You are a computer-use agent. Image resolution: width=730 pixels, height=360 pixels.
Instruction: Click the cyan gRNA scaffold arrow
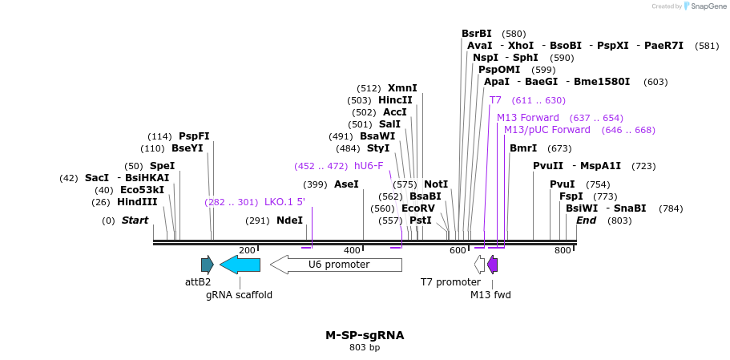click(240, 265)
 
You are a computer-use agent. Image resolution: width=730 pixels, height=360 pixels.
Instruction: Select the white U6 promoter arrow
click(336, 265)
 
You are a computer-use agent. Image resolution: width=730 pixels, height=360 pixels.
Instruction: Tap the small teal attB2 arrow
click(207, 265)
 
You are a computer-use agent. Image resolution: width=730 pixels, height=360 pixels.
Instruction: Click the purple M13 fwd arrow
click(493, 265)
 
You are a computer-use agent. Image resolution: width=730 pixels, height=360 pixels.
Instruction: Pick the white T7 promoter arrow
click(480, 265)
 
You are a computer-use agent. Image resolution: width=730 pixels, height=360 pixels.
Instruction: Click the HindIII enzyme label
click(137, 202)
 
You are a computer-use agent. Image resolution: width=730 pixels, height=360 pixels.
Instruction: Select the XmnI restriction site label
click(402, 88)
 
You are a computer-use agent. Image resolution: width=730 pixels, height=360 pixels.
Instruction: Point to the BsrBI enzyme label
click(477, 34)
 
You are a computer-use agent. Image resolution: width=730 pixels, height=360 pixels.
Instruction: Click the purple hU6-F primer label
click(369, 166)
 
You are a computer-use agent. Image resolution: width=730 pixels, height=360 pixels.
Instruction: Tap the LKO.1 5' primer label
click(284, 202)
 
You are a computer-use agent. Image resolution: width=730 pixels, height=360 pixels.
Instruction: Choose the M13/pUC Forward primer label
click(546, 130)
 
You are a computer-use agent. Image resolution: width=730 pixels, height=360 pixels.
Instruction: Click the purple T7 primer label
click(495, 100)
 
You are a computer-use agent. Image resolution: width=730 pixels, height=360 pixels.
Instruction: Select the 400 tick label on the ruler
click(352, 250)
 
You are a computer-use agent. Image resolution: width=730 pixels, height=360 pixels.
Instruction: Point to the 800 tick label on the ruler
click(563, 250)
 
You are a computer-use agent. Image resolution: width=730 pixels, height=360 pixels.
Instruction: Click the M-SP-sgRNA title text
click(365, 335)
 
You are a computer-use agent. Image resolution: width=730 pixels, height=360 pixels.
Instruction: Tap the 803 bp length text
click(365, 348)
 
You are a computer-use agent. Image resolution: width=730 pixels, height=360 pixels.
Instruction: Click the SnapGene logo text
click(708, 6)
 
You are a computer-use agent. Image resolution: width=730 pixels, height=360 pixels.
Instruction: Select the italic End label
click(586, 220)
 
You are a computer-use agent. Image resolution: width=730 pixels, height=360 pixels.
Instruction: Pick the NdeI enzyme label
click(289, 220)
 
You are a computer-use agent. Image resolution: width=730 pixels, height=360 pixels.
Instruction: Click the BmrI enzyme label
click(523, 148)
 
